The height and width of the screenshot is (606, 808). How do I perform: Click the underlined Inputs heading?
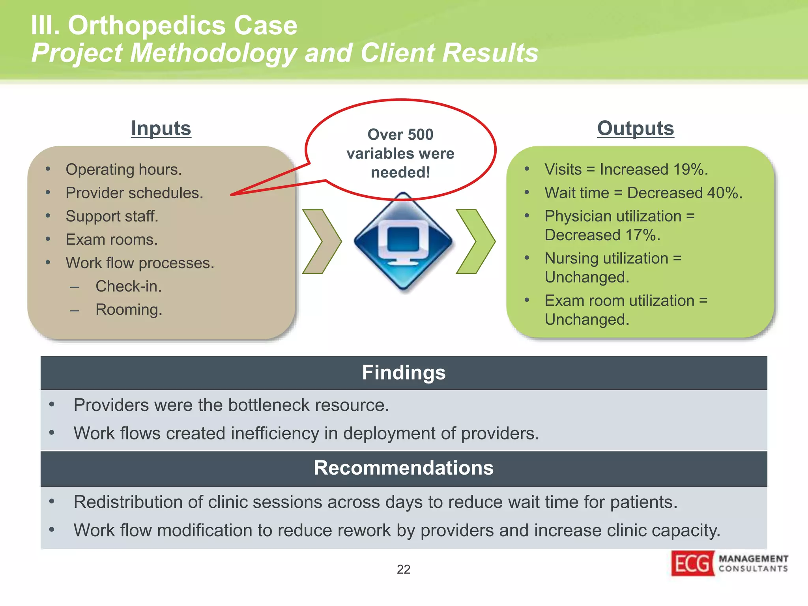pyautogui.click(x=161, y=129)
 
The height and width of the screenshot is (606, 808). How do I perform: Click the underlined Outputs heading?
pyautogui.click(x=635, y=129)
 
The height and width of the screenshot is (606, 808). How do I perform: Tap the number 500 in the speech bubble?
pyautogui.click(x=420, y=135)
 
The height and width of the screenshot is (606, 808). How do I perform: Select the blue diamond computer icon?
pyautogui.click(x=403, y=241)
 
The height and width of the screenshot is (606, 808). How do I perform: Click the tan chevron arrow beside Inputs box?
pyautogui.click(x=322, y=241)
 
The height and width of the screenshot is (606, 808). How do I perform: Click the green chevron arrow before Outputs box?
pyautogui.click(x=475, y=241)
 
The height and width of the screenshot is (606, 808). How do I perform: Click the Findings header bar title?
pyautogui.click(x=404, y=373)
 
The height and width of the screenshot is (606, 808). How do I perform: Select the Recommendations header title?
pyautogui.click(x=404, y=468)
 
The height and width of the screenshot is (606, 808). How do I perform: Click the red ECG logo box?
pyautogui.click(x=692, y=563)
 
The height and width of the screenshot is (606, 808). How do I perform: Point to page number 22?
pyautogui.click(x=403, y=569)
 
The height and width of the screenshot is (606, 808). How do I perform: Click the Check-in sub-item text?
pyautogui.click(x=129, y=286)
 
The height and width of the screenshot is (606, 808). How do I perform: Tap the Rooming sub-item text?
pyautogui.click(x=129, y=310)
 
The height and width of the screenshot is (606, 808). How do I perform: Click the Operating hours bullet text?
pyautogui.click(x=123, y=170)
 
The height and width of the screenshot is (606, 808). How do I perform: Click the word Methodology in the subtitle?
pyautogui.click(x=213, y=53)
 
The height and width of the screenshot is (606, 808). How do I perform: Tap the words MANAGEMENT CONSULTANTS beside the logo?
pyautogui.click(x=753, y=563)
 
